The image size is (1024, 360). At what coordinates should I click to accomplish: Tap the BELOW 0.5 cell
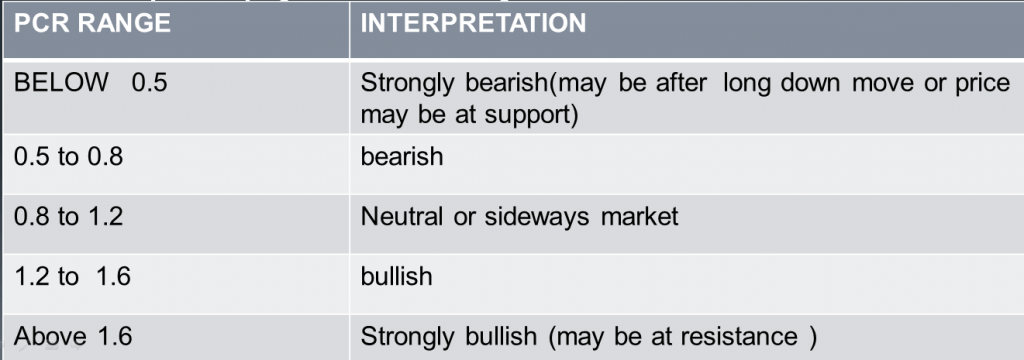pos(90,83)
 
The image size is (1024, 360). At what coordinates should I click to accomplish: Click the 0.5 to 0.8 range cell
pos(68,158)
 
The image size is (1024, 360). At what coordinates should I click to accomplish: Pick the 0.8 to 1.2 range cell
pos(68,216)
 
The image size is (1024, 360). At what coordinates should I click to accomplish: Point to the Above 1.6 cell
pos(72,336)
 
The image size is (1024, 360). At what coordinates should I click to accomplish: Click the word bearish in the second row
pos(402,158)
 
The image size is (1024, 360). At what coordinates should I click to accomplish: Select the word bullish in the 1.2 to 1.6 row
pos(397,276)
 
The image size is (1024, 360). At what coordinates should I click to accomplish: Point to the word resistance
pos(736,336)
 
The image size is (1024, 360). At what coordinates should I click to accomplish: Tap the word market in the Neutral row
pos(639,216)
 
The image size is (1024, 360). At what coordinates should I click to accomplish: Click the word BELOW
pos(60,83)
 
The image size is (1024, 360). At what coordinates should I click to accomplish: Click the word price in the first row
pos(981,83)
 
